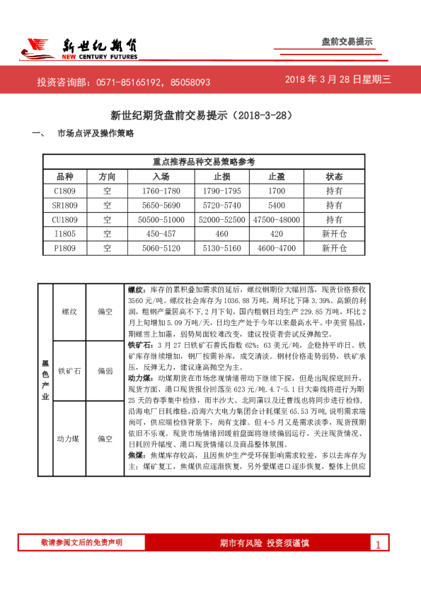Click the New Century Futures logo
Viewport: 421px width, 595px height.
[78, 47]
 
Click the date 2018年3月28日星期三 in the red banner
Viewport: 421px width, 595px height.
[338, 80]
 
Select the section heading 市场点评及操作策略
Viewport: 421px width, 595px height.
[95, 134]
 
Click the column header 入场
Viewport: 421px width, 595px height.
[161, 176]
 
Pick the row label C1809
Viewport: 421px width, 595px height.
[65, 191]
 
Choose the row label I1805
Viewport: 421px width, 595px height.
[65, 234]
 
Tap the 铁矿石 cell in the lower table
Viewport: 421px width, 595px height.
[69, 370]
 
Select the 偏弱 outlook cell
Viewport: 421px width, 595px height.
[105, 370]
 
